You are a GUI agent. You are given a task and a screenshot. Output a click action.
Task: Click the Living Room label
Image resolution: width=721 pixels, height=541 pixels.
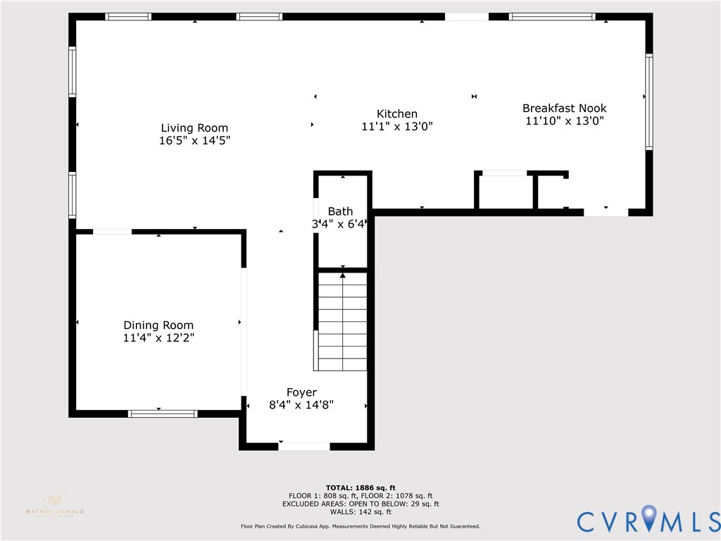point(194,128)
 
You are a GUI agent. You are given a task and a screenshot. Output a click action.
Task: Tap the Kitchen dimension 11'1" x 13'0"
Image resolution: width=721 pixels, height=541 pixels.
point(396,127)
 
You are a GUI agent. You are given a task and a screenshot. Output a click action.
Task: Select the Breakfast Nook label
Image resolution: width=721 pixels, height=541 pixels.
point(564,108)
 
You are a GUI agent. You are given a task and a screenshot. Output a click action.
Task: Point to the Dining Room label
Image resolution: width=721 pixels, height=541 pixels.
point(158,325)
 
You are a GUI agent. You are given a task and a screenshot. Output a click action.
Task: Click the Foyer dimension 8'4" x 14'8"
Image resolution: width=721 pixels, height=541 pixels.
point(301,405)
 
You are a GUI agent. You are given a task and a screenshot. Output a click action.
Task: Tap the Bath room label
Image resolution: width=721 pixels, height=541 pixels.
point(341,211)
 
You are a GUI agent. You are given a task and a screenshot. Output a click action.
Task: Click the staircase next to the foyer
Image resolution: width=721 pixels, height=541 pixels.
point(342,321)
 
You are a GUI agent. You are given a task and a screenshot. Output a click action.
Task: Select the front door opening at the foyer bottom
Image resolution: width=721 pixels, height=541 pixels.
point(304,446)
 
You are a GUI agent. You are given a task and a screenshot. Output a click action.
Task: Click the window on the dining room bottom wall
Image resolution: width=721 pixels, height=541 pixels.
point(163,413)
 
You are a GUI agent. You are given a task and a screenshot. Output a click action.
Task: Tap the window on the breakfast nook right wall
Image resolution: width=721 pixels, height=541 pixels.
point(648,102)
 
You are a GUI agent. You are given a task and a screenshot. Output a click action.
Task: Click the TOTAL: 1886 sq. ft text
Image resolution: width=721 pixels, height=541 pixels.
point(360,487)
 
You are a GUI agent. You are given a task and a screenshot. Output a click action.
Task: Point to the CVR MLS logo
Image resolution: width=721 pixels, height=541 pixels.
point(648,520)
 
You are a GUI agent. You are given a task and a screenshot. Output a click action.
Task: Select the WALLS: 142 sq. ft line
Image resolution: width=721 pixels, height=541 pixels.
point(360,512)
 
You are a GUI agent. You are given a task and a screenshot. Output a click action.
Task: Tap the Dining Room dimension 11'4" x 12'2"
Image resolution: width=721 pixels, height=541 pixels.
point(158,338)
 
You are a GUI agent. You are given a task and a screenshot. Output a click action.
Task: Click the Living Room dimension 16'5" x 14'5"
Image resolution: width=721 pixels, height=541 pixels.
point(194,141)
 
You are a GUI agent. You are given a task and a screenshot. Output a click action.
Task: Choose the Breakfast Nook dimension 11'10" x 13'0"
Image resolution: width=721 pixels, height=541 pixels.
point(564,121)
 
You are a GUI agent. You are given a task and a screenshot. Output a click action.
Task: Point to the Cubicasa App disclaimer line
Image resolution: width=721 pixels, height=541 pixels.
point(360,526)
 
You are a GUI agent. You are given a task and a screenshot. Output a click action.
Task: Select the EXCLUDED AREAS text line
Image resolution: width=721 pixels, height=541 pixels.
point(360,504)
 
